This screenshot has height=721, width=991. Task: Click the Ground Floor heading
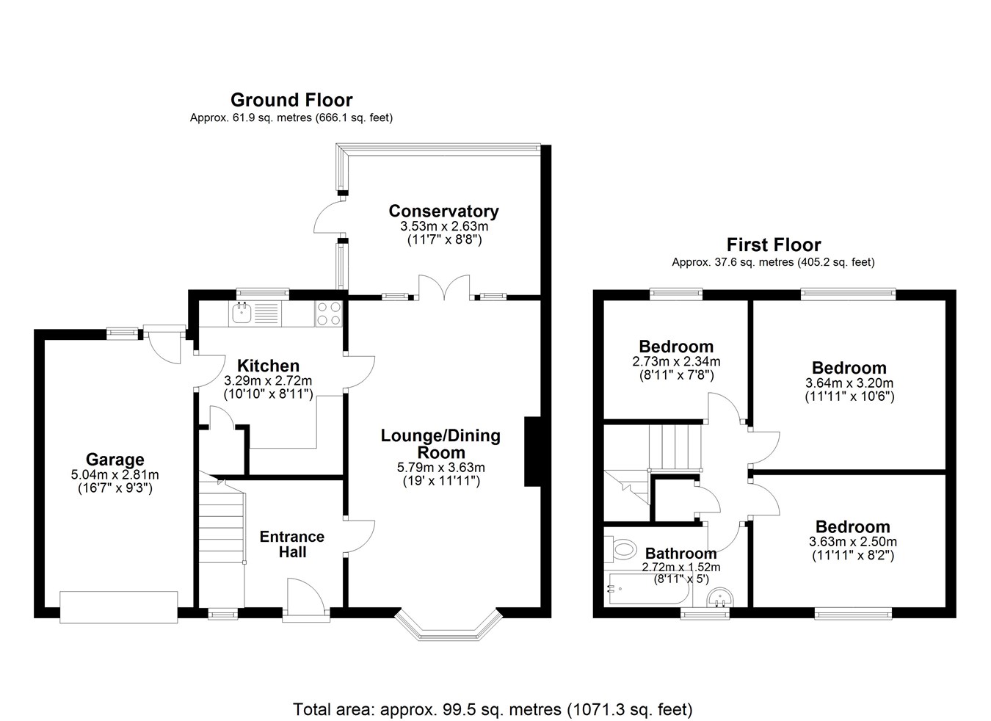click(291, 101)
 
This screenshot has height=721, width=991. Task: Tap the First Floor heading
click(774, 244)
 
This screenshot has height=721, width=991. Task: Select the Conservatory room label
click(443, 211)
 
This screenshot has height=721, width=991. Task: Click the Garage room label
click(115, 460)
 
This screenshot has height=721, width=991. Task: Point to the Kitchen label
click(269, 366)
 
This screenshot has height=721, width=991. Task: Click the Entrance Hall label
click(292, 544)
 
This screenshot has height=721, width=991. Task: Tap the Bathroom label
click(681, 554)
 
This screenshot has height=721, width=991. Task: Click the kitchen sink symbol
click(242, 314)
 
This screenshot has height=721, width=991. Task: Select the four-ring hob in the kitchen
click(329, 314)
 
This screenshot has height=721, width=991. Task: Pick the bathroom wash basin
click(720, 598)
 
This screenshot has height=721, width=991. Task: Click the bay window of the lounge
click(449, 625)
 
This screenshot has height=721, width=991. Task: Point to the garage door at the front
click(119, 607)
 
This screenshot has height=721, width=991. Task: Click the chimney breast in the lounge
click(533, 452)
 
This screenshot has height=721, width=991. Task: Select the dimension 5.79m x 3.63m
click(440, 468)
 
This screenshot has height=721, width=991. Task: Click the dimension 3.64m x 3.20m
click(849, 383)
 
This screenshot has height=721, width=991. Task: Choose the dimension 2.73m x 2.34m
click(676, 362)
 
